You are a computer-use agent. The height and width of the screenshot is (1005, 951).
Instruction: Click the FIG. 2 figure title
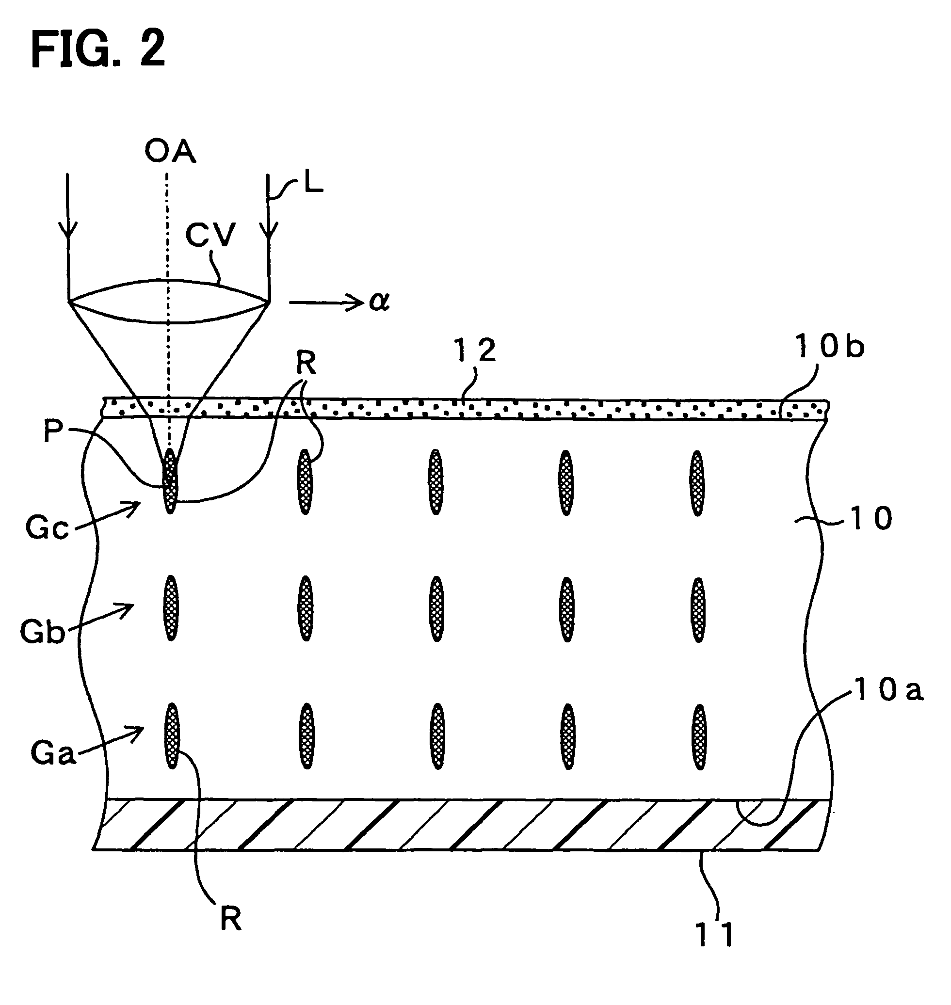pyautogui.click(x=98, y=48)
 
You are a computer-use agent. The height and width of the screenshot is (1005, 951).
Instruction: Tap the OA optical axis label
pyautogui.click(x=170, y=152)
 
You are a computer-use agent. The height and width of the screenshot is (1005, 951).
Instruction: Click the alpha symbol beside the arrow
pyautogui.click(x=379, y=302)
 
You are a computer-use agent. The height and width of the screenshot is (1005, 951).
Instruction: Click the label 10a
pyautogui.click(x=888, y=690)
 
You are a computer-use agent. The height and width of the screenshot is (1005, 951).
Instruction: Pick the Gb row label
pyautogui.click(x=43, y=632)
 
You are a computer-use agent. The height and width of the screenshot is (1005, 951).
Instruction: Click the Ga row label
pyautogui.click(x=53, y=753)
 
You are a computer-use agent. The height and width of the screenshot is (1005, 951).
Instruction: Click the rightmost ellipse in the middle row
pyautogui.click(x=698, y=610)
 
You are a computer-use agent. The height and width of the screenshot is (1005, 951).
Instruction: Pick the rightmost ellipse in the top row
pyautogui.click(x=697, y=483)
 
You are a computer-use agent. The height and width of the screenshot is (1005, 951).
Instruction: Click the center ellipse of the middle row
pyautogui.click(x=436, y=609)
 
